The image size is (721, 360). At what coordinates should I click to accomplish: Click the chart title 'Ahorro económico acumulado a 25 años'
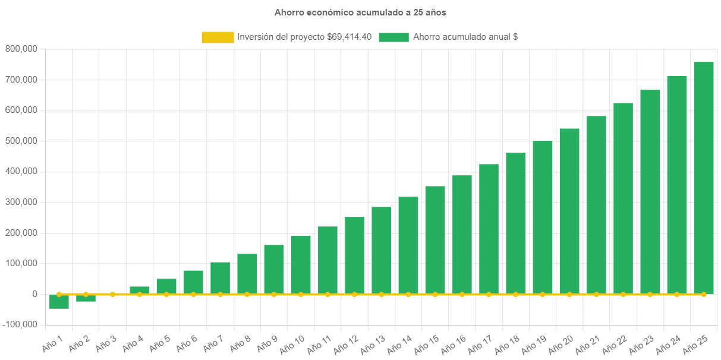(x=360, y=12)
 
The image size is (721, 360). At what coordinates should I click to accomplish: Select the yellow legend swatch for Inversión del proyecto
(x=218, y=37)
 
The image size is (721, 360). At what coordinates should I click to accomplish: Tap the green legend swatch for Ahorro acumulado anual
(x=393, y=37)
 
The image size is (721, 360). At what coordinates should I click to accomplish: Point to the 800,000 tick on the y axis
(x=21, y=49)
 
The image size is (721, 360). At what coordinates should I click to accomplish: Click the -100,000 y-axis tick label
(x=21, y=324)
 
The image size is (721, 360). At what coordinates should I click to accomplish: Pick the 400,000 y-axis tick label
(x=21, y=171)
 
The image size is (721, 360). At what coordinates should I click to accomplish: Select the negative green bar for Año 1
(x=59, y=302)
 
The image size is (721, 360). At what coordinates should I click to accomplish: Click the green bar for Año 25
(x=704, y=178)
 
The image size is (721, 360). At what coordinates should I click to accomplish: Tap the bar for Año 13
(x=381, y=250)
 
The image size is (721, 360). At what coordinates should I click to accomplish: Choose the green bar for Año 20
(x=569, y=211)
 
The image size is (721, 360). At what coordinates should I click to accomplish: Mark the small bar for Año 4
(x=140, y=290)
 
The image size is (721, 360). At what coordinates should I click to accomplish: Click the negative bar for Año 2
(x=86, y=298)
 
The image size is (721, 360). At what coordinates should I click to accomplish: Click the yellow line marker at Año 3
(x=113, y=294)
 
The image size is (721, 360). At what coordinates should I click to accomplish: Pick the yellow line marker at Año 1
(x=59, y=294)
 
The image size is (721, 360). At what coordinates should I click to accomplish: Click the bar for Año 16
(x=462, y=235)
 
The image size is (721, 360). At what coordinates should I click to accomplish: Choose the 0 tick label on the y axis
(x=34, y=294)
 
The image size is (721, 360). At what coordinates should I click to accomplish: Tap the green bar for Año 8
(x=247, y=274)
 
